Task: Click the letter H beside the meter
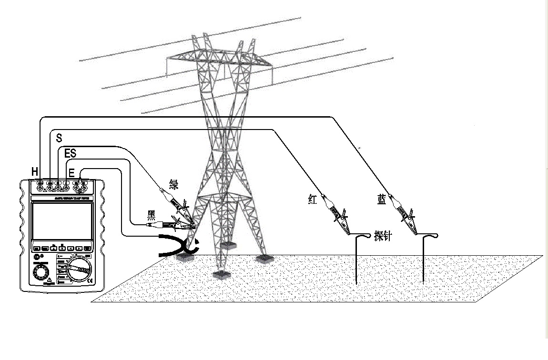point(35,170)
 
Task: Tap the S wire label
point(59,138)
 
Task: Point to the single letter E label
point(71,173)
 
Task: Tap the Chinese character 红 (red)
point(313,200)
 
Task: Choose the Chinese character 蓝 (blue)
point(382,200)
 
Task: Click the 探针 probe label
point(383,236)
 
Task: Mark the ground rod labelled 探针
point(357,260)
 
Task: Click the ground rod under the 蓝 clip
point(423,260)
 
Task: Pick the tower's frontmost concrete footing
point(220,275)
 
